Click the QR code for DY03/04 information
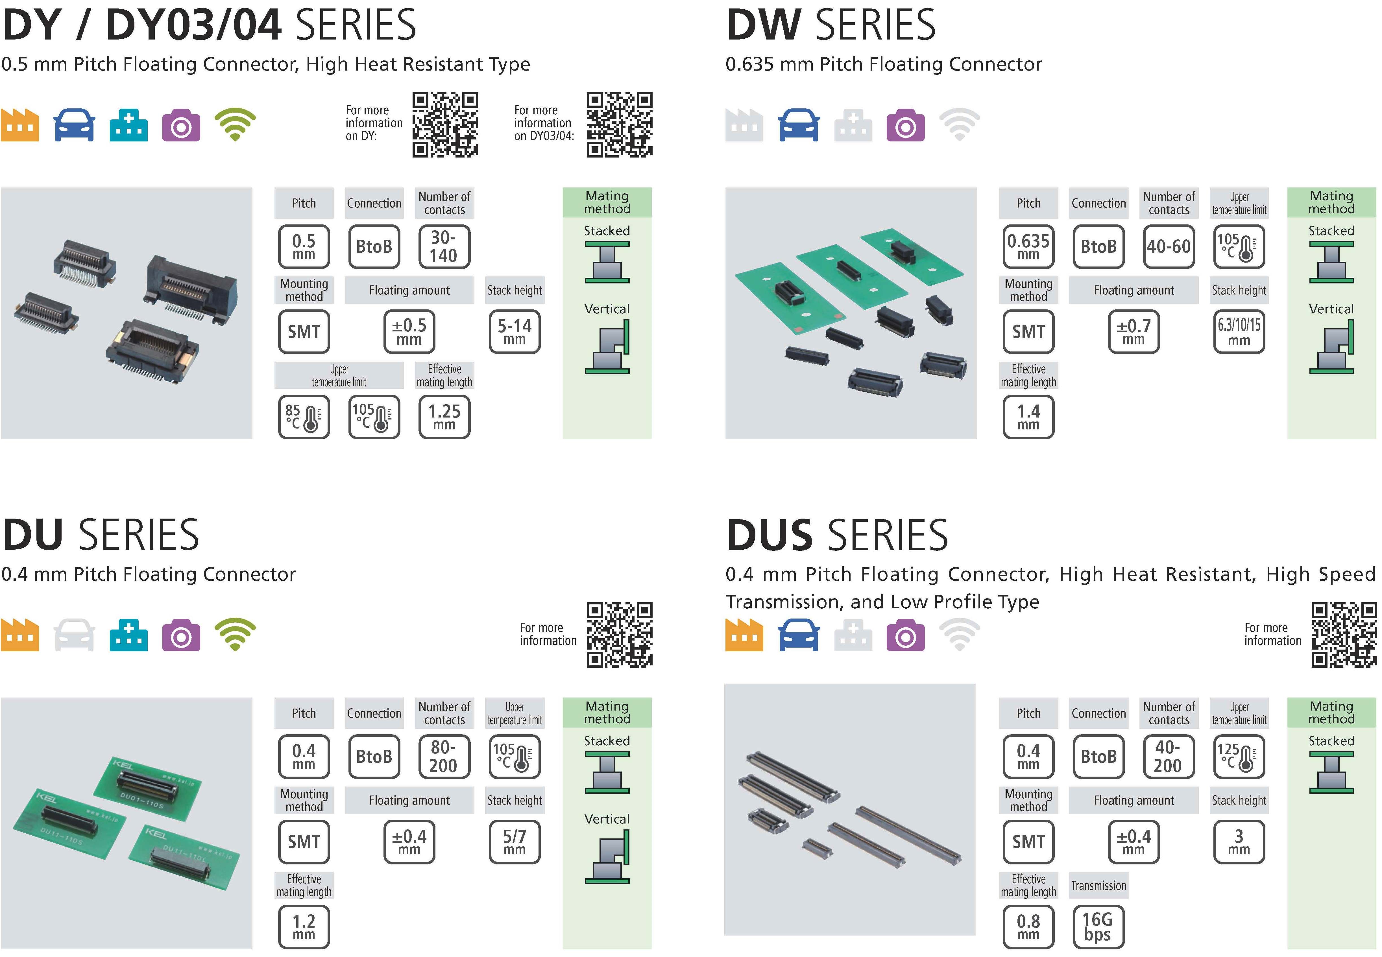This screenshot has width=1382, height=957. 619,125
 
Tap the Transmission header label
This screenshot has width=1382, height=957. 1098,886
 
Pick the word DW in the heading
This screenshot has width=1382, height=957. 763,25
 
